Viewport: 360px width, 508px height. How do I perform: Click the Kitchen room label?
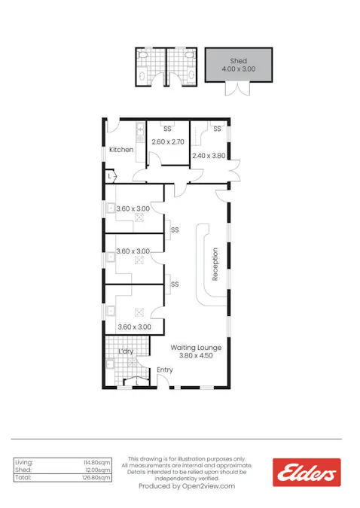click(x=121, y=150)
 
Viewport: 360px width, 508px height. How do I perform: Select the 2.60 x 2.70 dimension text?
click(x=167, y=141)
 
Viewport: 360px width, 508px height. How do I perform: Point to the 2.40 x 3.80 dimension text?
click(x=209, y=157)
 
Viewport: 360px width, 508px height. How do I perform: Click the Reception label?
click(x=215, y=264)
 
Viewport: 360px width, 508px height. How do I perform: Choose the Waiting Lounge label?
click(x=195, y=347)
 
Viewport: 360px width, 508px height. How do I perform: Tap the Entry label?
click(x=165, y=370)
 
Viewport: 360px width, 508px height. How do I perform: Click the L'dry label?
click(x=127, y=351)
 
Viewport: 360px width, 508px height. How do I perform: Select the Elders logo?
click(x=307, y=473)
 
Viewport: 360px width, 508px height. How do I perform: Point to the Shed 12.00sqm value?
click(x=99, y=470)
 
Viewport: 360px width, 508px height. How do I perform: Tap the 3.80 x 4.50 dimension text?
click(x=195, y=356)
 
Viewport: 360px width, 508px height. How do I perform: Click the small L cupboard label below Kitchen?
click(x=110, y=176)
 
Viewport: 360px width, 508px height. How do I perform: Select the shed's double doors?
click(x=237, y=88)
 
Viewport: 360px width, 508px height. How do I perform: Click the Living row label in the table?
click(x=25, y=462)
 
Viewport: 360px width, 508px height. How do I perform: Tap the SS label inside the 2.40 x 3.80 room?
click(x=217, y=129)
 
